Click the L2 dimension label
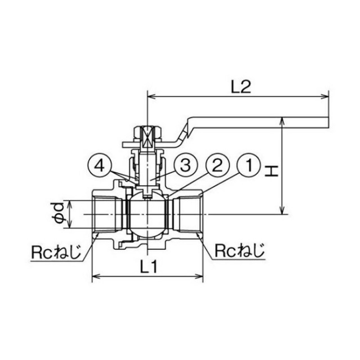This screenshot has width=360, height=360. (x=241, y=87)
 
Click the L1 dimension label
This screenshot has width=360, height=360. (x=148, y=267)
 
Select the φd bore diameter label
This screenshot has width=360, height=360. (x=58, y=214)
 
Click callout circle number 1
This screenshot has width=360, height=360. (x=249, y=165)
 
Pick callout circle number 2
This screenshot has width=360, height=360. (x=217, y=165)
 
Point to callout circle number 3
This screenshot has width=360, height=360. (x=185, y=165)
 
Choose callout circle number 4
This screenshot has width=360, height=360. (x=100, y=165)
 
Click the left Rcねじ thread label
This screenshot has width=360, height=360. (x=56, y=252)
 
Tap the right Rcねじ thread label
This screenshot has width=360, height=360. (x=240, y=251)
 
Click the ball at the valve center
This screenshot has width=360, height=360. (x=147, y=215)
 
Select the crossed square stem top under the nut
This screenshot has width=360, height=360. (x=147, y=137)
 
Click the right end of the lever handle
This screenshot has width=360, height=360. (x=328, y=123)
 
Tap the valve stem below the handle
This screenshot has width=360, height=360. (x=147, y=169)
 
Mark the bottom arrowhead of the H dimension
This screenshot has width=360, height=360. (x=282, y=210)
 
